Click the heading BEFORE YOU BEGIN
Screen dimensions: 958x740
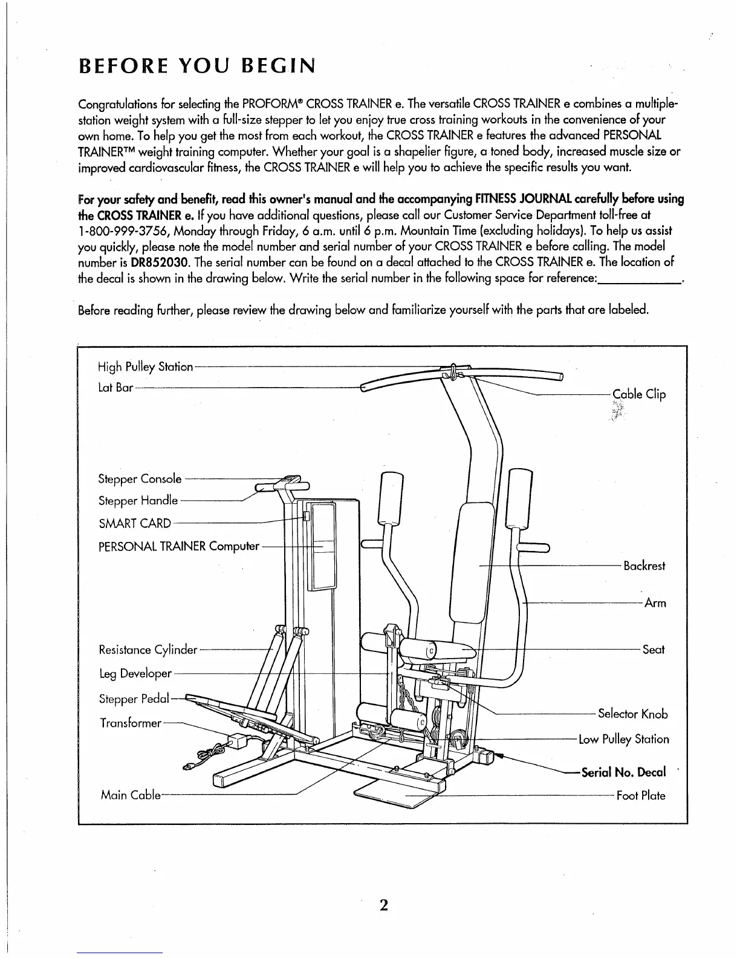pyautogui.click(x=197, y=65)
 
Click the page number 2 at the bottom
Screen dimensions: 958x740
pyautogui.click(x=383, y=905)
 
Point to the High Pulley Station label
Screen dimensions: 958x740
pyautogui.click(x=145, y=367)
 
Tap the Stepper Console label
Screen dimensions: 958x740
pyautogui.click(x=140, y=479)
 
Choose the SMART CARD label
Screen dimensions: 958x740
pyautogui.click(x=134, y=523)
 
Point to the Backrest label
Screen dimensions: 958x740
pyautogui.click(x=644, y=566)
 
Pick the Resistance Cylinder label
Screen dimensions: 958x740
pyautogui.click(x=148, y=651)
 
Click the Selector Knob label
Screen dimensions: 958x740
pyautogui.click(x=632, y=714)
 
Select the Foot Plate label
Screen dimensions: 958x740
pyautogui.click(x=641, y=796)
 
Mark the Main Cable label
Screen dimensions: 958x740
pyautogui.click(x=130, y=795)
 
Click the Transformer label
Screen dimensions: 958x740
pyautogui.click(x=131, y=723)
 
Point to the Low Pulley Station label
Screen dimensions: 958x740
pyautogui.click(x=623, y=740)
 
